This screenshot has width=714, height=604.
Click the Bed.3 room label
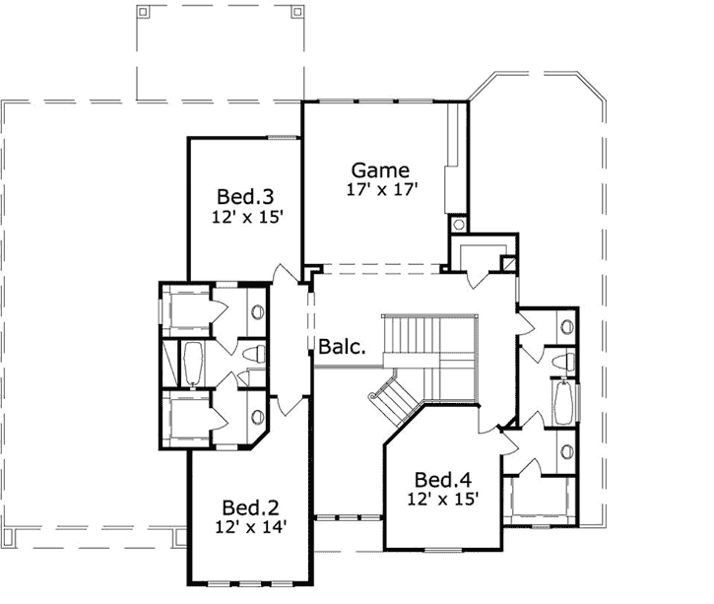(x=240, y=196)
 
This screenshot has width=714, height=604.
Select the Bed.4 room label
(x=441, y=480)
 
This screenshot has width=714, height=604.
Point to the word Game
(x=381, y=169)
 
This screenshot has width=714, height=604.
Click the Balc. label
(x=343, y=347)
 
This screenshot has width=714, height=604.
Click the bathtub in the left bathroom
(x=192, y=363)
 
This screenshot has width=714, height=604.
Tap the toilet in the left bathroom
(x=251, y=354)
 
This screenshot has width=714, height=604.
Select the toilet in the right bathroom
(x=561, y=361)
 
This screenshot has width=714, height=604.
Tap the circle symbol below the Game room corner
(x=459, y=225)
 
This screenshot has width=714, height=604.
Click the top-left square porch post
(x=143, y=13)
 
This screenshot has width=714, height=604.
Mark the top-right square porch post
(x=296, y=13)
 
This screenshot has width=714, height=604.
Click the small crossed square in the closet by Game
(x=508, y=264)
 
